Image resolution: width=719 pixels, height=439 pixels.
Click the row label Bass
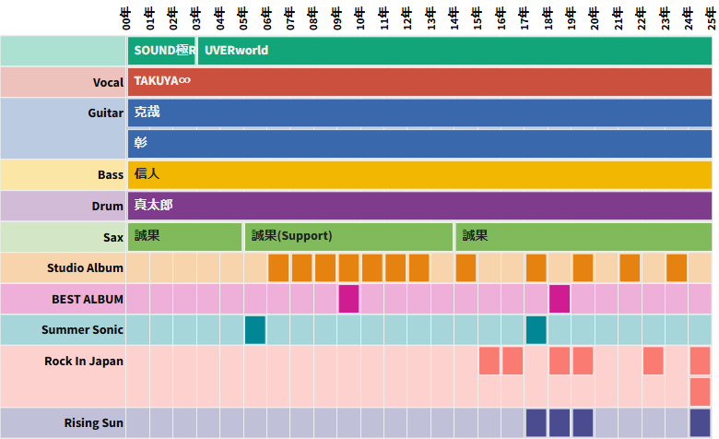pyautogui.click(x=111, y=174)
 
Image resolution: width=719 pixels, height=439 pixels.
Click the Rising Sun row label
pyautogui.click(x=94, y=423)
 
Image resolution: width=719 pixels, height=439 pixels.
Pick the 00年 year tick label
pyautogui.click(x=127, y=18)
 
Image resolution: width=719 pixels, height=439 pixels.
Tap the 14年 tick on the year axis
pyautogui.click(x=454, y=18)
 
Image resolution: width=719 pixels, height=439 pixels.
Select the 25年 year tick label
pyautogui.click(x=712, y=18)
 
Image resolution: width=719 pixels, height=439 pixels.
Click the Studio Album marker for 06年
pyautogui.click(x=279, y=267)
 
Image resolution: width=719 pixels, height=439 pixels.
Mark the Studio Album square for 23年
pyautogui.click(x=677, y=267)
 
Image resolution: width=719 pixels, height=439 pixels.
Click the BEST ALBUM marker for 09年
pyautogui.click(x=348, y=299)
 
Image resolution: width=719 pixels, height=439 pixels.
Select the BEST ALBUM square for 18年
pyautogui.click(x=560, y=299)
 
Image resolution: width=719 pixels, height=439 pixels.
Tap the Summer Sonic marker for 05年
pyautogui.click(x=255, y=330)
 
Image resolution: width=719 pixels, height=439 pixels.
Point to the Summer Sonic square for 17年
pyautogui.click(x=536, y=330)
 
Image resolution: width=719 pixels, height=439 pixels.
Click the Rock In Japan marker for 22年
pyautogui.click(x=654, y=361)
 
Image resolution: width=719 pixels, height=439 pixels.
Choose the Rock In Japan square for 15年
pyautogui.click(x=489, y=361)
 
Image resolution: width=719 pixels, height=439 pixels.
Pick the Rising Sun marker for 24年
pyautogui.click(x=700, y=423)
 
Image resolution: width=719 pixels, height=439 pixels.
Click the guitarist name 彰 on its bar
pyautogui.click(x=140, y=143)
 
